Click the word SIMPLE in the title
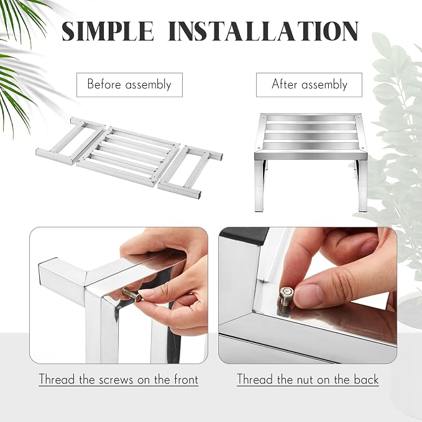click(108, 31)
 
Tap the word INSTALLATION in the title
click(264, 31)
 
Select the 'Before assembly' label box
click(129, 85)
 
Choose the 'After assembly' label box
click(309, 85)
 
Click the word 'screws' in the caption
click(116, 380)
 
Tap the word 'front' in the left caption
click(186, 379)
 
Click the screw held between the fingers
click(132, 295)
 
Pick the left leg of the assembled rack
click(260, 186)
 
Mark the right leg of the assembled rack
click(362, 186)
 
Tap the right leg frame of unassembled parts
click(191, 172)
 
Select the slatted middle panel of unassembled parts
click(129, 157)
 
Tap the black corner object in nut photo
click(244, 235)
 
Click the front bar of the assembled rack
click(311, 155)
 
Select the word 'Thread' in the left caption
click(57, 379)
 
